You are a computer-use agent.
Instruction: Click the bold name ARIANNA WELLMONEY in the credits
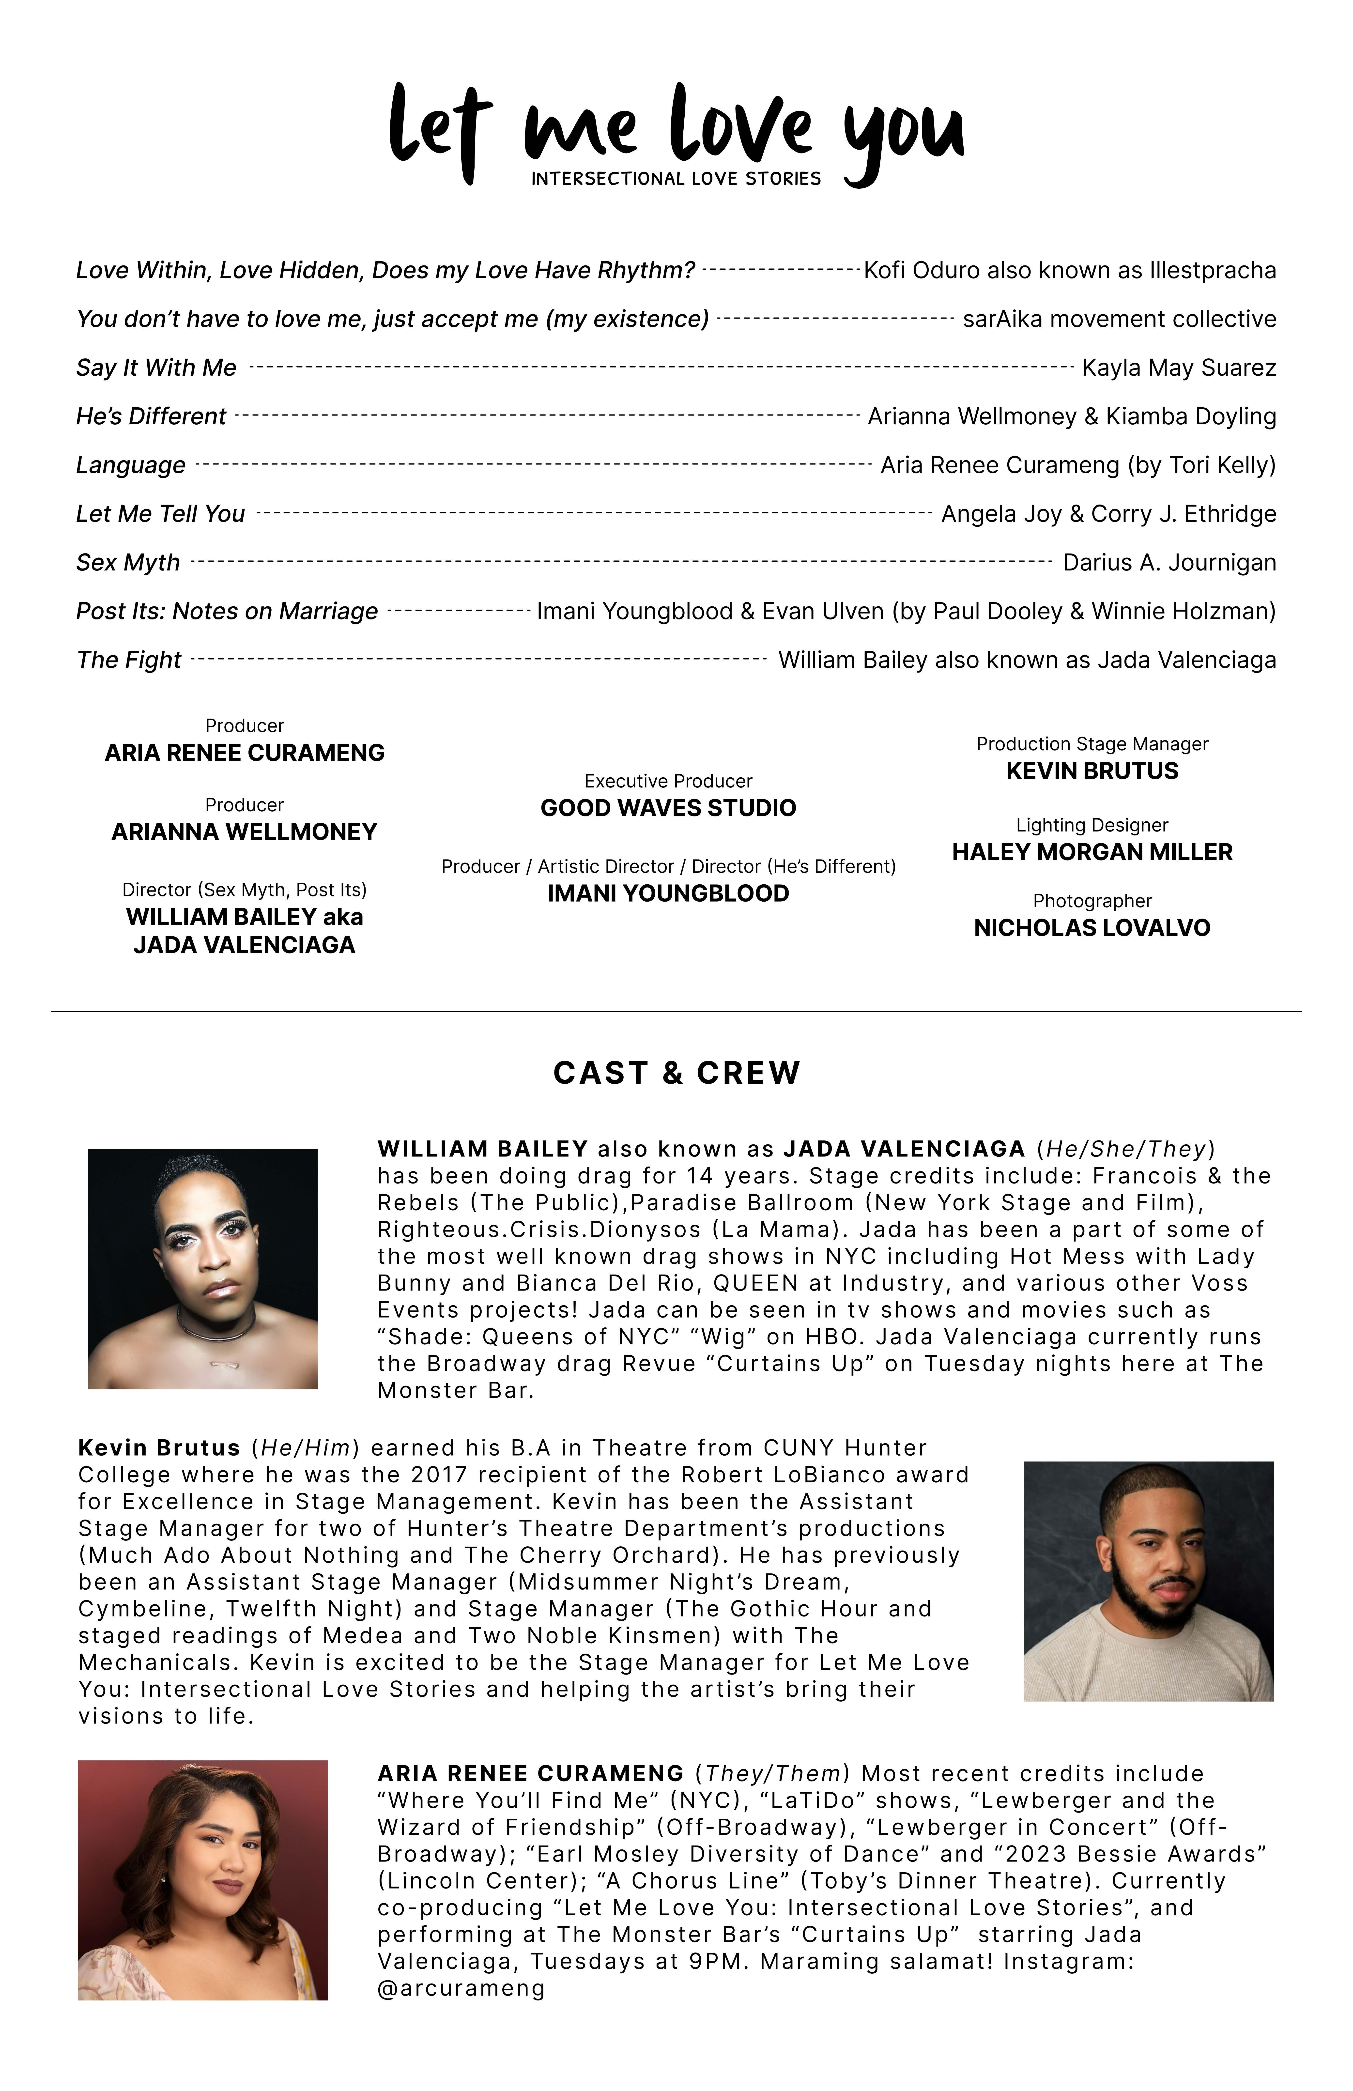pyautogui.click(x=244, y=832)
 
